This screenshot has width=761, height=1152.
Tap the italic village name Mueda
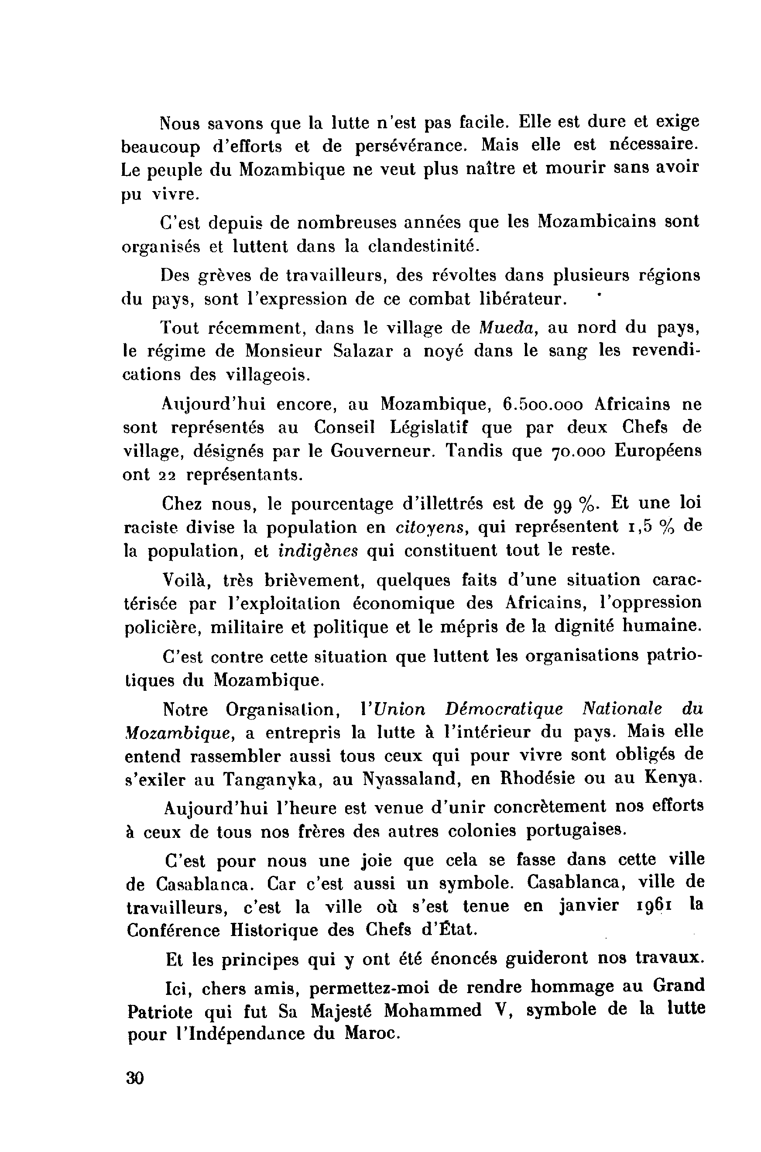point(506,328)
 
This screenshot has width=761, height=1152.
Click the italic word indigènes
point(319,551)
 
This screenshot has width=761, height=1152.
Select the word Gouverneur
point(381,451)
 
